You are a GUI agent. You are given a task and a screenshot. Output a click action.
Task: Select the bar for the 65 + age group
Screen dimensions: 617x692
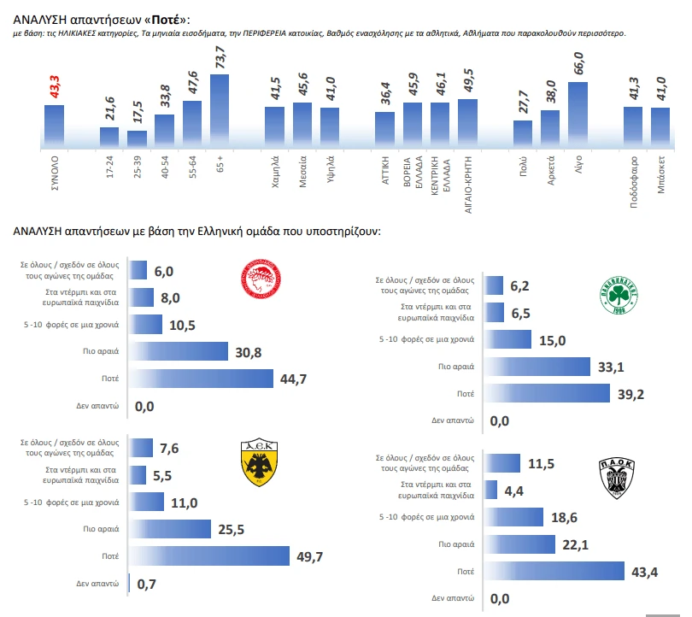tap(220, 109)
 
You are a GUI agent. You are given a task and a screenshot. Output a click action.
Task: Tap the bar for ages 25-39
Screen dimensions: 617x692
tap(137, 137)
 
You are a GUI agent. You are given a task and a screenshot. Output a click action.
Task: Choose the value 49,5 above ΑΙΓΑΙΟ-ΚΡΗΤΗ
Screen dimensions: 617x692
tap(468, 83)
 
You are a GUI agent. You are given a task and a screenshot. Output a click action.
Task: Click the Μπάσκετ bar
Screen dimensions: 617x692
tap(660, 125)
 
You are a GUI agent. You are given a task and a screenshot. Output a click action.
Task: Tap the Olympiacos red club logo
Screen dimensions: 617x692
tap(261, 282)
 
